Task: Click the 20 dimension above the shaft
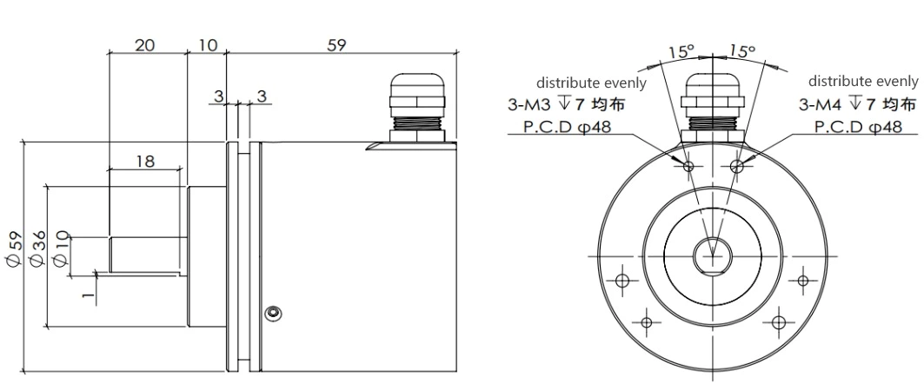(145, 44)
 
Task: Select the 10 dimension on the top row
(207, 44)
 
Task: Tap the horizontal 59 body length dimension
(336, 44)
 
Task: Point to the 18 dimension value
(145, 161)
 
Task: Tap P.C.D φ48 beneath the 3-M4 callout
(857, 126)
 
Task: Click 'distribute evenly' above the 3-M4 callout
(862, 81)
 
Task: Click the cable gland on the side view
(418, 105)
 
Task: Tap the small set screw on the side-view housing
(274, 312)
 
